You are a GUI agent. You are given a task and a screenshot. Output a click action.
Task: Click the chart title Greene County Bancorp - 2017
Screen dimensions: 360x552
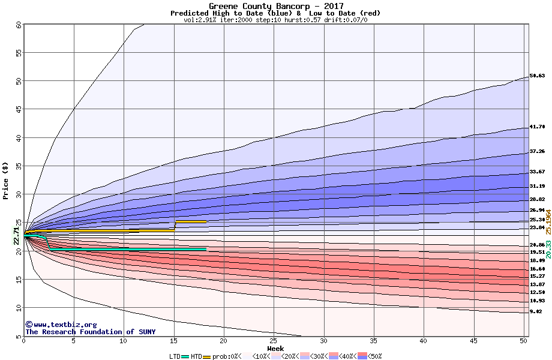tap(276, 6)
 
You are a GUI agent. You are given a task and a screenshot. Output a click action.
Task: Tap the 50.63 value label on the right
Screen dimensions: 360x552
tap(537, 76)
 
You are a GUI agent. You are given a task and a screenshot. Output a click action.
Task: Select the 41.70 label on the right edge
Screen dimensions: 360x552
tap(537, 127)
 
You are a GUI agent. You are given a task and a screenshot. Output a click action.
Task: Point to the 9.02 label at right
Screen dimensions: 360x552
tap(536, 312)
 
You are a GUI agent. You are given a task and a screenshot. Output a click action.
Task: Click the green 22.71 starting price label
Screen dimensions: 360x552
tap(16, 235)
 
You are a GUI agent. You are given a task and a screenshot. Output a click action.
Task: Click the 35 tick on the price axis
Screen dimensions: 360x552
tap(19, 166)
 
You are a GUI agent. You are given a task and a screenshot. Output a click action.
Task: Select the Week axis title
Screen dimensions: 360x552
tap(275, 349)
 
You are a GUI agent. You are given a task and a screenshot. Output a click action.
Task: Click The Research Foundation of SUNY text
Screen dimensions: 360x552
tap(90, 332)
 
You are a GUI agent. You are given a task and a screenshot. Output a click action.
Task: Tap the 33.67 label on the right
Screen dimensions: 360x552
tap(537, 172)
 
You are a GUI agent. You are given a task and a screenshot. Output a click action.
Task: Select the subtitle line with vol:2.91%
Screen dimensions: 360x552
tap(276, 20)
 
